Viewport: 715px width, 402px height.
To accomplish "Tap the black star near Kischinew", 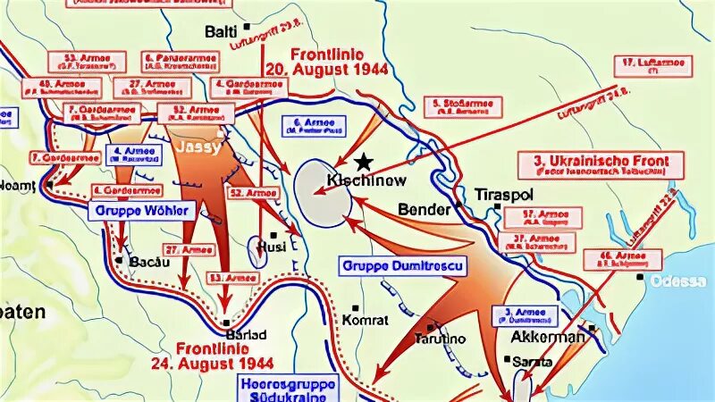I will (362, 162).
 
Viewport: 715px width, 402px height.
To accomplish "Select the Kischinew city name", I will (367, 180).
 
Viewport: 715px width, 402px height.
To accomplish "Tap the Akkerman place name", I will (547, 338).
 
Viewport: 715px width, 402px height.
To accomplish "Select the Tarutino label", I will (438, 339).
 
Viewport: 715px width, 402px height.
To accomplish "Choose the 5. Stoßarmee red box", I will (462, 107).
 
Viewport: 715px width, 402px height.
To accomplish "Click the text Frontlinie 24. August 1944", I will (224, 356).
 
